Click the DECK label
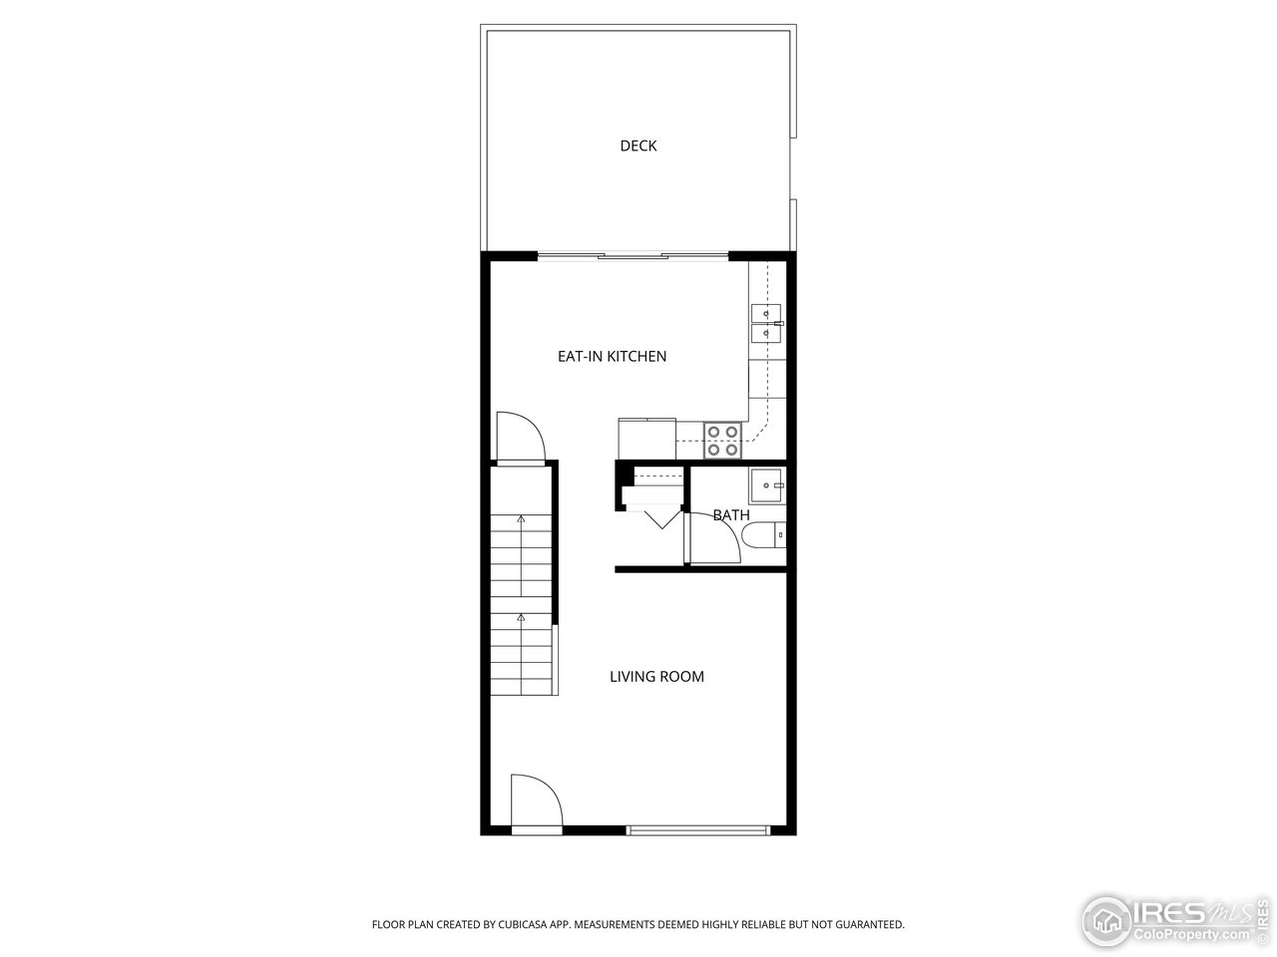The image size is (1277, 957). pos(638,146)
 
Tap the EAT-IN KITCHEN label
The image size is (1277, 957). pos(612,356)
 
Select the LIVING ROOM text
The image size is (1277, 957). pos(656,676)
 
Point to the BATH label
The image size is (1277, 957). pos(731,515)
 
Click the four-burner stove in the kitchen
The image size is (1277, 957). pos(722,440)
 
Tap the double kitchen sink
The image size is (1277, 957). pos(766,323)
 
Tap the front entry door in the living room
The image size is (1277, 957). pos(535,802)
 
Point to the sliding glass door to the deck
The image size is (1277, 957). pos(633,256)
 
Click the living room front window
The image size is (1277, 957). pos(698,828)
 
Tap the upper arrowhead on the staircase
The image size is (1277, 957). pos(521,519)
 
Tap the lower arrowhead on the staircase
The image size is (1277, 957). pos(521,618)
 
